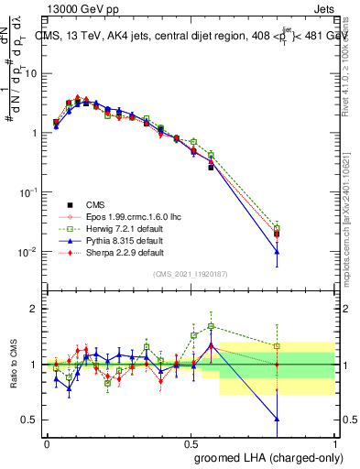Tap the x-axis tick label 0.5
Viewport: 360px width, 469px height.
click(x=191, y=442)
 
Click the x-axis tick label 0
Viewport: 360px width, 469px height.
click(x=47, y=442)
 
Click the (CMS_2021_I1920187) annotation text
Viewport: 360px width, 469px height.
click(x=191, y=274)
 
